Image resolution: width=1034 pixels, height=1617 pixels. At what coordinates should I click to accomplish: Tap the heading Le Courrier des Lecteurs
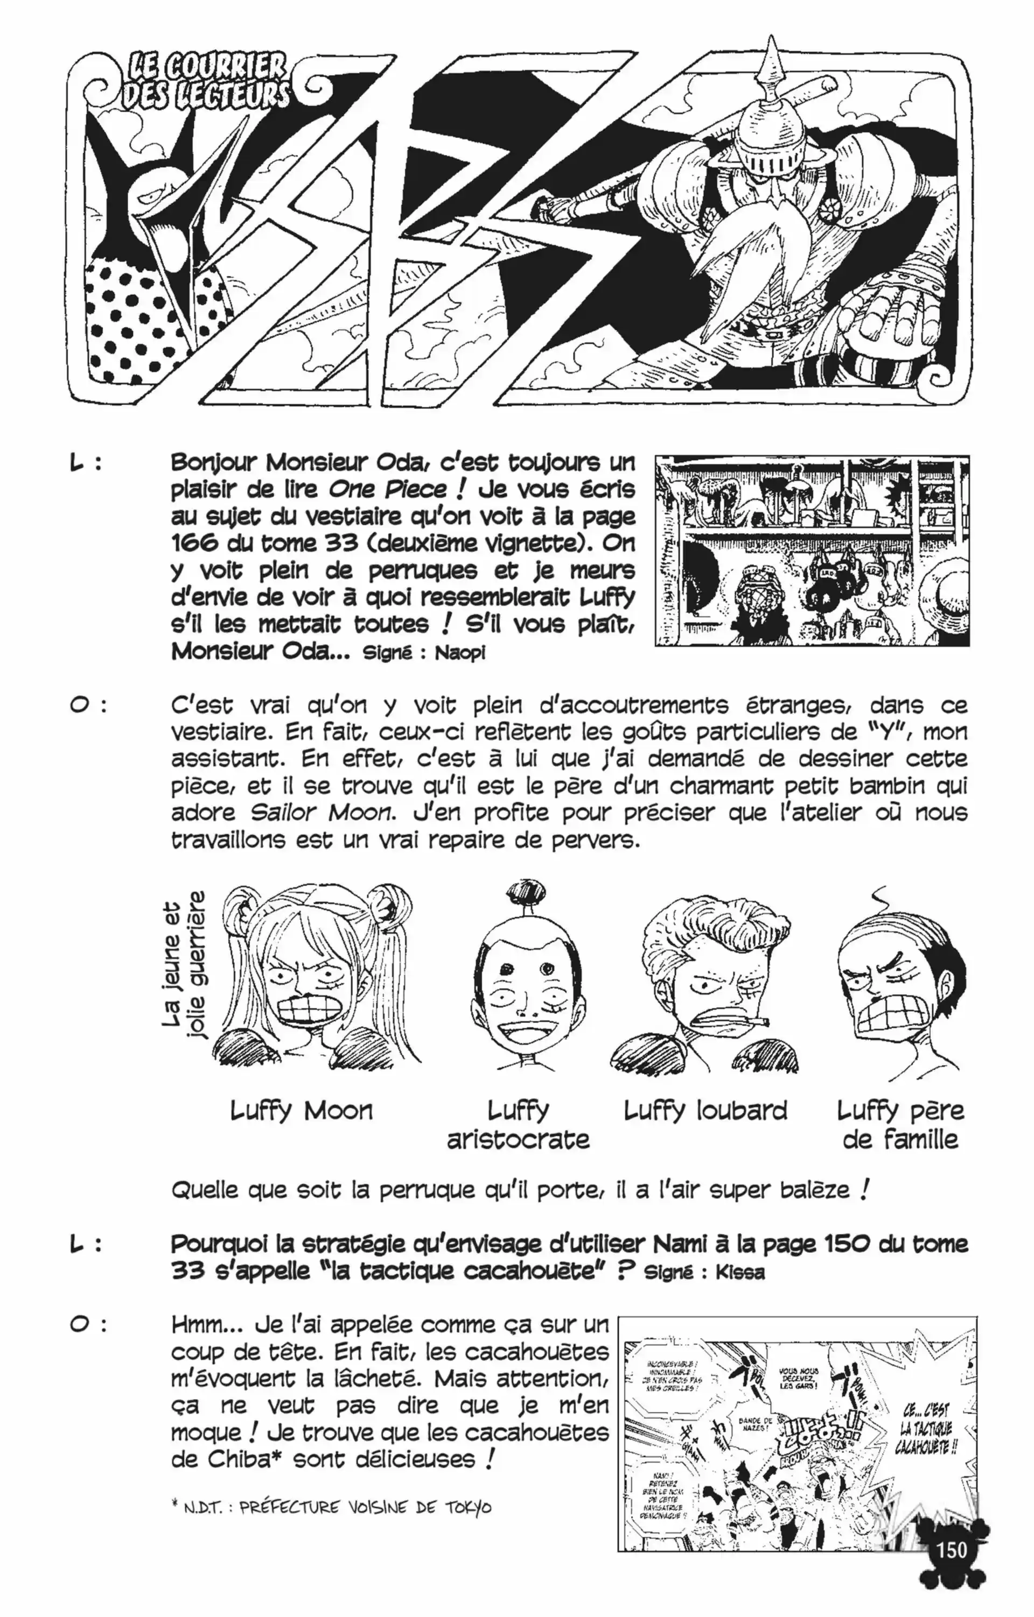point(205,81)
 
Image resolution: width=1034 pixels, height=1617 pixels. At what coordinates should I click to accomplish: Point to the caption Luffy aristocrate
point(518,1125)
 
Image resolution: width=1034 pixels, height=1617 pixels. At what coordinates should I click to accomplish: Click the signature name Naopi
point(460,653)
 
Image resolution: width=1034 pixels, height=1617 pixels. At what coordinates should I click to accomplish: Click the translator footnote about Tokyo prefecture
point(331,1508)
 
